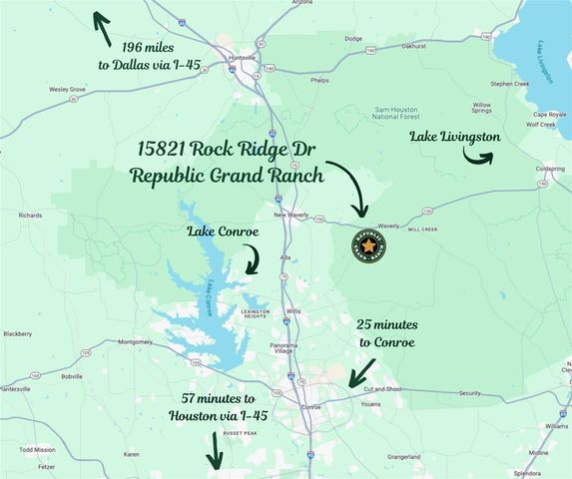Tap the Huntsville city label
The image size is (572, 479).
coord(243,57)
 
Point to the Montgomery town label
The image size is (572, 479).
coord(135,341)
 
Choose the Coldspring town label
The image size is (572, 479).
coord(550,169)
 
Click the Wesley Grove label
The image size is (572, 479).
coord(67,90)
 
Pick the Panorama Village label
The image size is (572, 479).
coord(283,348)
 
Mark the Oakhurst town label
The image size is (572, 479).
coord(400,45)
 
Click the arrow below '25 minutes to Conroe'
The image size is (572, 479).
coord(361,373)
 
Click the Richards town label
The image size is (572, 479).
coord(30,215)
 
